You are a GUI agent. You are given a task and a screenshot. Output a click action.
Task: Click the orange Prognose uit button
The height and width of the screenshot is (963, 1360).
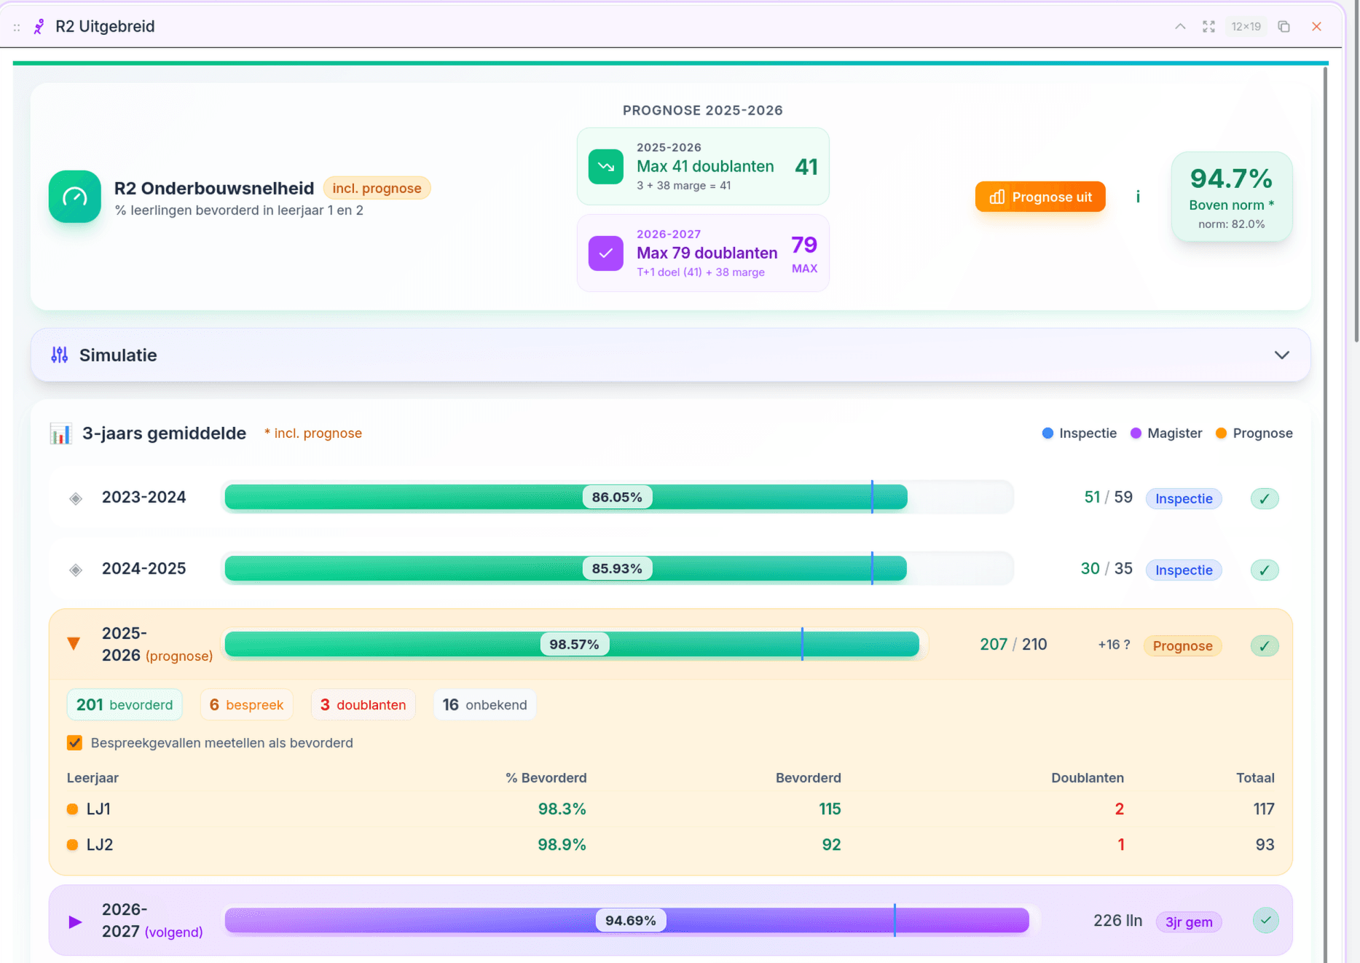click(1039, 197)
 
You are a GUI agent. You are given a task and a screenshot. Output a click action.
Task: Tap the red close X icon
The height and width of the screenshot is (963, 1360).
click(1316, 26)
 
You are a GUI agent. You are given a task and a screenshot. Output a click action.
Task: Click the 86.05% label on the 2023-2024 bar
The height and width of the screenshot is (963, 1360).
click(616, 497)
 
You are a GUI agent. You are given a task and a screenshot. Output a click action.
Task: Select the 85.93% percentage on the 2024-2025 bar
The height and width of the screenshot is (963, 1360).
click(616, 568)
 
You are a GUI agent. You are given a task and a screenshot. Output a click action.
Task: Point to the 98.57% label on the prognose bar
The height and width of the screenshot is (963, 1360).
click(574, 644)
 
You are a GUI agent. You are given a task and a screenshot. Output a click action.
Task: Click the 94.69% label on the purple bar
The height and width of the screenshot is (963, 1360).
click(630, 920)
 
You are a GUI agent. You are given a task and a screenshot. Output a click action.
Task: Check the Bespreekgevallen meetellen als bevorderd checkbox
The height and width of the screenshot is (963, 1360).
click(74, 742)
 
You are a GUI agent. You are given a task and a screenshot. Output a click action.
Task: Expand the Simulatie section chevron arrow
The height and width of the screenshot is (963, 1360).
click(1281, 355)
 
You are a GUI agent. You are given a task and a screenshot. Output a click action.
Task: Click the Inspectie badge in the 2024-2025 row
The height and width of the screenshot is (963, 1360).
click(1183, 570)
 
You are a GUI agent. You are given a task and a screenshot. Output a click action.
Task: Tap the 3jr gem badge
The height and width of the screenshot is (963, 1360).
click(1188, 921)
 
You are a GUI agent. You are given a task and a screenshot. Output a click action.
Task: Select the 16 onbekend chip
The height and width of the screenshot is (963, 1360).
click(484, 704)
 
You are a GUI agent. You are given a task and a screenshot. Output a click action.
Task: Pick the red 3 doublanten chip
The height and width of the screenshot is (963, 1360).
click(363, 704)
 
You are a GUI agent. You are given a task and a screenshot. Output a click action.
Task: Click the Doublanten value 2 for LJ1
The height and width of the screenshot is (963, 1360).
click(1119, 809)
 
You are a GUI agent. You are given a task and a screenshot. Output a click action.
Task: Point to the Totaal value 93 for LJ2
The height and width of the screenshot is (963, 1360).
click(1264, 844)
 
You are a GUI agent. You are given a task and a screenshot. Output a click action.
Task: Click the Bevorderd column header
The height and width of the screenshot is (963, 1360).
click(808, 777)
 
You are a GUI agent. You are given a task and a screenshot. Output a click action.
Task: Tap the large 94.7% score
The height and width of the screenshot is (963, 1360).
click(1230, 178)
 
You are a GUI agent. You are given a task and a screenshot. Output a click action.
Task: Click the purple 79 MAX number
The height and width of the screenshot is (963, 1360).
click(804, 245)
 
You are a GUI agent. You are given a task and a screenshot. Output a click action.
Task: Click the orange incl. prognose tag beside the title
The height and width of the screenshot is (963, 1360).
click(377, 188)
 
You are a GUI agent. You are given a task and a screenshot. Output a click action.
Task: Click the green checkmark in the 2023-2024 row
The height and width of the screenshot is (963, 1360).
click(1264, 498)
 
